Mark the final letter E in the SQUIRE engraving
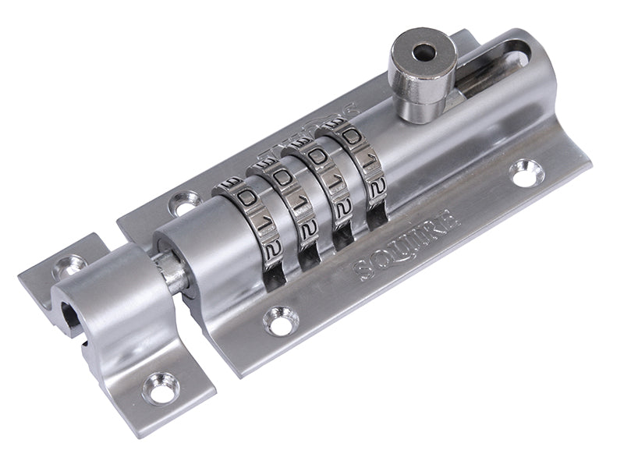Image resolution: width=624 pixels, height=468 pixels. coord(450,221)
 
